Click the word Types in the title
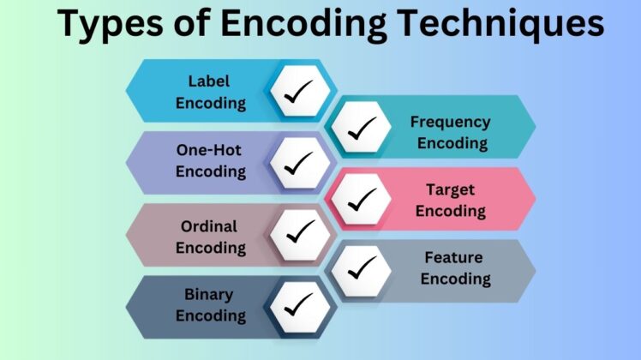pyautogui.click(x=111, y=25)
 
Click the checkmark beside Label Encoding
pyautogui.click(x=300, y=92)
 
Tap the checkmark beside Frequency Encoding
pyautogui.click(x=361, y=128)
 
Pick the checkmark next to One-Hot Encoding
pyautogui.click(x=300, y=163)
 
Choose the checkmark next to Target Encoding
pyautogui.click(x=361, y=199)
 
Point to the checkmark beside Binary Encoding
pyautogui.click(x=300, y=306)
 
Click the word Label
pyautogui.click(x=211, y=82)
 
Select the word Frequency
pyautogui.click(x=450, y=122)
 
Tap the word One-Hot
pyautogui.click(x=209, y=150)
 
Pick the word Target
pyautogui.click(x=450, y=189)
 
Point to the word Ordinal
pyautogui.click(x=209, y=226)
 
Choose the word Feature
pyautogui.click(x=453, y=257)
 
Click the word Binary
pyautogui.click(x=209, y=295)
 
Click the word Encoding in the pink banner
pyautogui.click(x=451, y=210)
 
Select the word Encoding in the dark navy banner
pyautogui.click(x=211, y=315)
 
